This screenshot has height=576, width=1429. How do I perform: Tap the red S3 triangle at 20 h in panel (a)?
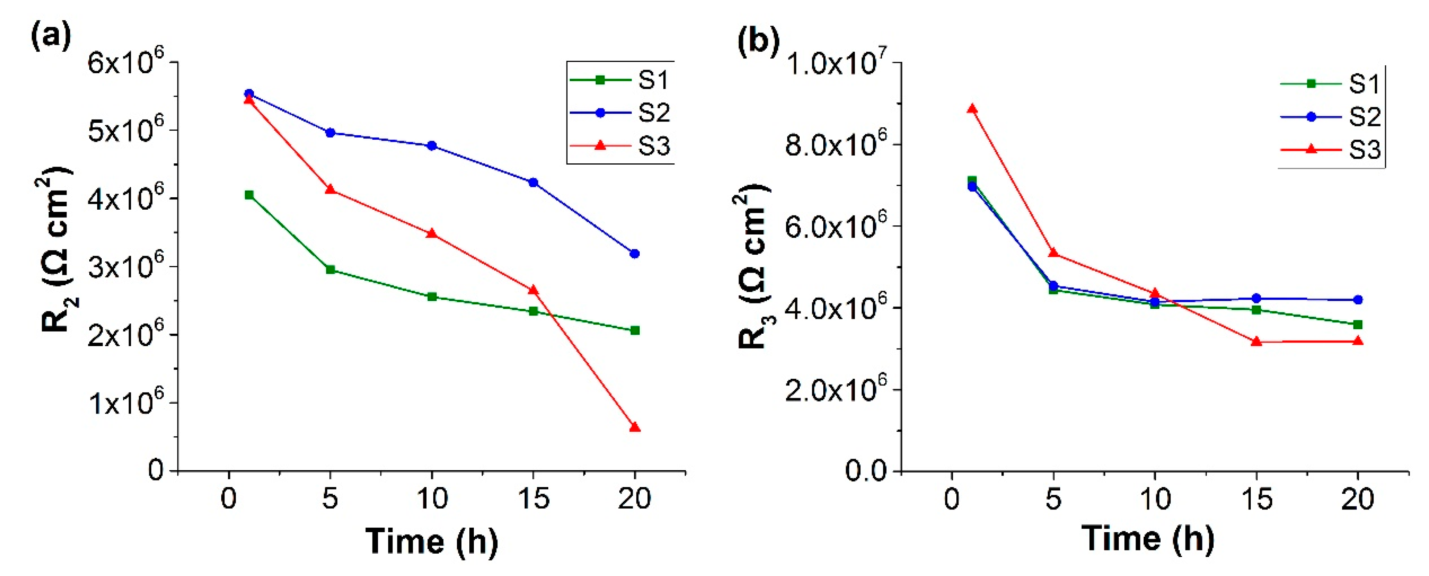[x=635, y=427]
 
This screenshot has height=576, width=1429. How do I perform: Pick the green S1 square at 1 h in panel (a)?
[x=249, y=195]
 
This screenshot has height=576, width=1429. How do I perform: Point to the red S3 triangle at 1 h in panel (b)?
[x=972, y=109]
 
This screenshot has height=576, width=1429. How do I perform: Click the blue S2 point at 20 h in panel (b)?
[x=1358, y=300]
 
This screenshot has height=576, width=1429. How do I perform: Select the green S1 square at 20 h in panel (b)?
[x=1358, y=325]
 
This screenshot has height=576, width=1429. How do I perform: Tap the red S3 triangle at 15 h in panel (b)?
[x=1257, y=341]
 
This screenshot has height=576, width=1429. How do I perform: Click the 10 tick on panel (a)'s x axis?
[x=432, y=498]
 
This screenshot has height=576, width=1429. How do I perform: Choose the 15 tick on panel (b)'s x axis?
[x=1257, y=498]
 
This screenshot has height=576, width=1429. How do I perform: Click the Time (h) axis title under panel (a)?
[x=432, y=540]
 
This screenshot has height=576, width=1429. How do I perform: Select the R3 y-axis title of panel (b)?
[x=755, y=266]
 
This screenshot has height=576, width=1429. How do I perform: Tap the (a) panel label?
[x=51, y=37]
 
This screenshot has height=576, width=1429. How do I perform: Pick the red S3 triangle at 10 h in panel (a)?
[x=432, y=233]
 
